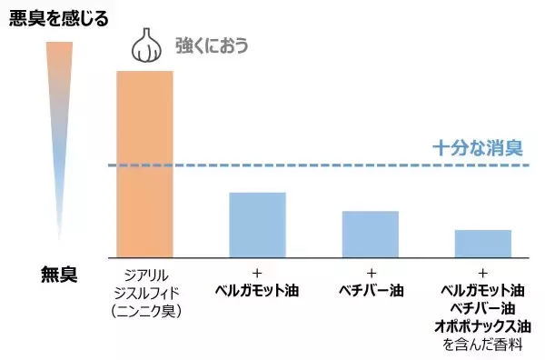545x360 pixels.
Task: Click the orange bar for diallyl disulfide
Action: pyautogui.click(x=144, y=164)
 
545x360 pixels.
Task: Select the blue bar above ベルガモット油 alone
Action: pyautogui.click(x=257, y=224)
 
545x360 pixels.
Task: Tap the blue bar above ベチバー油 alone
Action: pyautogui.click(x=370, y=234)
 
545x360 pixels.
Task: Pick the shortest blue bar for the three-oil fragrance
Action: pyautogui.click(x=482, y=243)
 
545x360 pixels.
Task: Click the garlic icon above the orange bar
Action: pyautogui.click(x=144, y=45)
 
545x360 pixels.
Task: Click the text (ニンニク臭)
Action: pyautogui.click(x=144, y=311)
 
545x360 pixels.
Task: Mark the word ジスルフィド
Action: pyautogui.click(x=144, y=292)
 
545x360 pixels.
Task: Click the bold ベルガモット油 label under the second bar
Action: pyautogui.click(x=257, y=292)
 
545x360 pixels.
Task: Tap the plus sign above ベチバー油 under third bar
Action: pyautogui.click(x=371, y=273)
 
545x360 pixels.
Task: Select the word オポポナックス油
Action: pyautogui.click(x=482, y=326)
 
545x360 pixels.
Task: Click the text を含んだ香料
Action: pyautogui.click(x=482, y=345)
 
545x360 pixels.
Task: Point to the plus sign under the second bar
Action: pyautogui.click(x=257, y=273)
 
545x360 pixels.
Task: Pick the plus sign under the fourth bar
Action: pyautogui.click(x=482, y=273)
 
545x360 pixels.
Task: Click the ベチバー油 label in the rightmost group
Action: pyautogui.click(x=482, y=309)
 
